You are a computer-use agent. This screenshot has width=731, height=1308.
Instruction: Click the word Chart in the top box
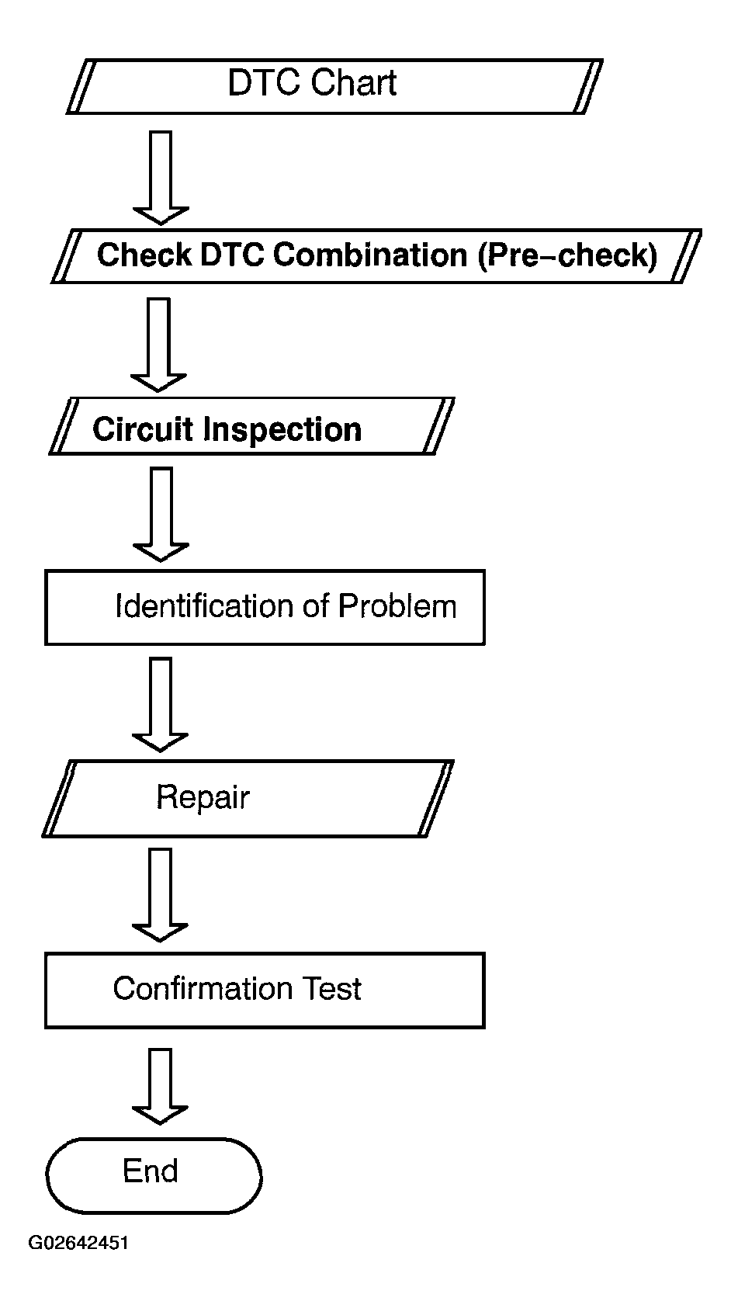point(354,82)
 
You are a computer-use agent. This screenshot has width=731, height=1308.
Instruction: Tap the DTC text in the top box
point(265,82)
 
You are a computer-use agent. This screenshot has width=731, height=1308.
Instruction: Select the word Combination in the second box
point(370,255)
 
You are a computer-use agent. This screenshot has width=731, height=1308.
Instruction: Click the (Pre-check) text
point(567,255)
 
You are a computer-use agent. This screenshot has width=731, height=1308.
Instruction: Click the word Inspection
point(282,431)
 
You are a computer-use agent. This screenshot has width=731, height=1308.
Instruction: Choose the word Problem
point(397,605)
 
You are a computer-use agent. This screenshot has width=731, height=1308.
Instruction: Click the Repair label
point(203,798)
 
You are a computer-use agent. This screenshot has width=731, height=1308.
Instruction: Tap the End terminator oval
point(154,1175)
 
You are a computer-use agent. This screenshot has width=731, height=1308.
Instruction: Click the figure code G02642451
point(78,1243)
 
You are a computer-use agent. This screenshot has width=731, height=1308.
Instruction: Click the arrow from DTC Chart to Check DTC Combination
point(161,178)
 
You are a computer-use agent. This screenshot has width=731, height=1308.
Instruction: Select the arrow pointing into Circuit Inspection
point(159,345)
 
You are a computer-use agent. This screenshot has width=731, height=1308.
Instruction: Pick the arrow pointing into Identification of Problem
point(161,515)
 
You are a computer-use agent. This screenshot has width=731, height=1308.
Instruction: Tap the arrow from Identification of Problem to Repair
point(160,704)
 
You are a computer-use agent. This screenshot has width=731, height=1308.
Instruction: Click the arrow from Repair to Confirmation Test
point(160,895)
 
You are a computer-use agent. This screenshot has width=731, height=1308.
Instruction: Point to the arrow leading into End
point(160,1087)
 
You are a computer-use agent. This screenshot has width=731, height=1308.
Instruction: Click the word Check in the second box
point(144,255)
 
